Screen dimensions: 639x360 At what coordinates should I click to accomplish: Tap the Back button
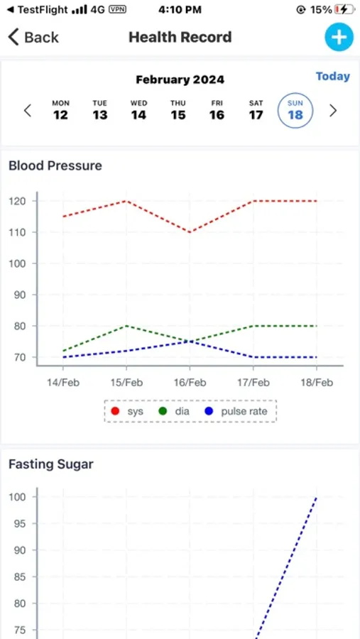coord(33,37)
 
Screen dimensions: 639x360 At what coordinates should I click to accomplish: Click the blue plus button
coord(339,37)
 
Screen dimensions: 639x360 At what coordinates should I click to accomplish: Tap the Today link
coord(332,76)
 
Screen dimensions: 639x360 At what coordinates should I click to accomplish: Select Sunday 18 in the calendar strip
coord(295,110)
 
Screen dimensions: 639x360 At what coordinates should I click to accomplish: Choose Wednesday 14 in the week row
coord(138,110)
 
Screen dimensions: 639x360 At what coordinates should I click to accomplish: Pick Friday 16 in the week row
coord(217,110)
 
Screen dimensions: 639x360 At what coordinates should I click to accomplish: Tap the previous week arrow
coord(28,111)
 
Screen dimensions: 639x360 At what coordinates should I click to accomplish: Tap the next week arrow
coord(333,111)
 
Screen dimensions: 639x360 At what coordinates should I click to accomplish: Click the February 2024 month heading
coord(180,80)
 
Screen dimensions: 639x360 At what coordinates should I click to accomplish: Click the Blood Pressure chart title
coord(55,165)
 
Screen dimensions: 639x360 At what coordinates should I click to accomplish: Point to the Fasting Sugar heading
coord(51,464)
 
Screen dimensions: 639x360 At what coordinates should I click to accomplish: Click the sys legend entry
coord(127,411)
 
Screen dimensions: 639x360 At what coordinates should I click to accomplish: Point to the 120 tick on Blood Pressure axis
coord(18,201)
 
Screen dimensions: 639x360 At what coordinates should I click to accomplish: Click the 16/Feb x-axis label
coord(189,383)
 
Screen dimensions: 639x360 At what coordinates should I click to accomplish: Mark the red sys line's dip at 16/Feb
coord(190,232)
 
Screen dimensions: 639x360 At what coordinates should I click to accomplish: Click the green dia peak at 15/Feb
coord(126,326)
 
